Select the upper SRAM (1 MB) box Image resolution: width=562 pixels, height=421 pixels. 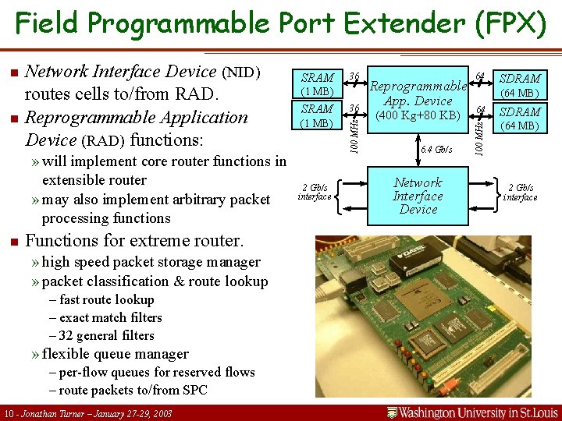[x=317, y=84]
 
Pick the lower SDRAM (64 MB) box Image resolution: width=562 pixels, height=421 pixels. [x=519, y=119]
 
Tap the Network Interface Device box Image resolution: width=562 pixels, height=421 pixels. [x=418, y=196]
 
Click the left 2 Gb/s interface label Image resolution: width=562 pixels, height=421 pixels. [x=314, y=192]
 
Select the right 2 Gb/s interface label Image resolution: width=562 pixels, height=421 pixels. [x=520, y=192]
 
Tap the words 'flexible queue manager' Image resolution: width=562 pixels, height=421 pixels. [x=115, y=354]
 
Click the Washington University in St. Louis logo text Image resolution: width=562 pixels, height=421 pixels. [x=473, y=412]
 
